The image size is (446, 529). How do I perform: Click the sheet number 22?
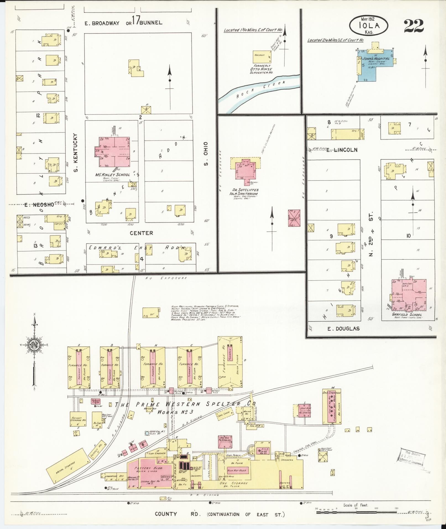coord(414,26)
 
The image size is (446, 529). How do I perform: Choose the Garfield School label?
coord(407,315)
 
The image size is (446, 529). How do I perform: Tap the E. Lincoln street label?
coord(341,150)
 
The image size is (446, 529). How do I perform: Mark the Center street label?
coord(141,233)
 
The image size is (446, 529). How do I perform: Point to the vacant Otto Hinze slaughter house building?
coord(262,57)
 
